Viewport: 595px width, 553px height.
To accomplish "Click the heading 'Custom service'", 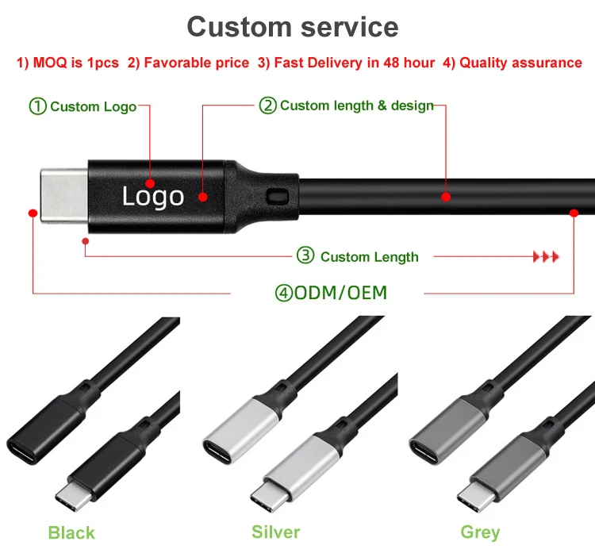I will point(293,26).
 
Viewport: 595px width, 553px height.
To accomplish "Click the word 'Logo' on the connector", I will point(152,196).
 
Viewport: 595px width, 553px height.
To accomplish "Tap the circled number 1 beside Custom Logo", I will point(38,106).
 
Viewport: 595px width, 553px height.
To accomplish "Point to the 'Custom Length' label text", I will point(369,256).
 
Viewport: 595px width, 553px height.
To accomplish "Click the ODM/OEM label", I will point(331,293).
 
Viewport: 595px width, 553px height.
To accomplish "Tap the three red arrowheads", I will point(546,256).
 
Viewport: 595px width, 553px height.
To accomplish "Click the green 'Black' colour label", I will point(71,532).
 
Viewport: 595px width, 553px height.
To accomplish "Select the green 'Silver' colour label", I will point(275,532).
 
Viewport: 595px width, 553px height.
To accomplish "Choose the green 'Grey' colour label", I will point(480,532).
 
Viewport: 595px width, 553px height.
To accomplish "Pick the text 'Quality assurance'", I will point(521,63).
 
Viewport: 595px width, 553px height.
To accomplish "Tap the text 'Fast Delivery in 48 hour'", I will point(354,63).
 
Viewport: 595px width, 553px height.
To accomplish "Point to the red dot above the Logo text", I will point(150,183).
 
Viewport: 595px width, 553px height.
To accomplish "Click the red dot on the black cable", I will point(446,196).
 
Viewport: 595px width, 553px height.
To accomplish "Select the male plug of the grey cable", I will point(477,495).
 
